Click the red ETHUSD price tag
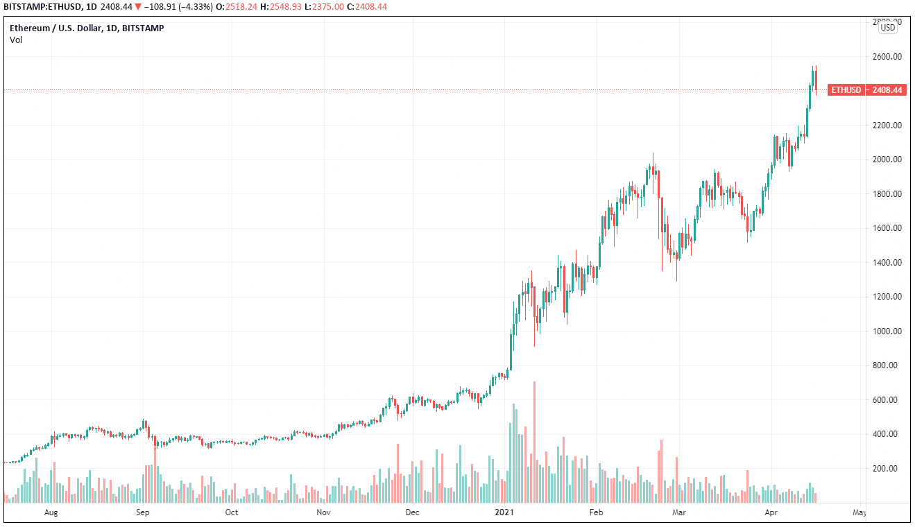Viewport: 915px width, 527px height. [x=866, y=90]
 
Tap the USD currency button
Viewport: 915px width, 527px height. [x=887, y=28]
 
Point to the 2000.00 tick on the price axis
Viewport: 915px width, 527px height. [x=887, y=159]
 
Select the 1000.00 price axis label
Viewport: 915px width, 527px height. [x=887, y=331]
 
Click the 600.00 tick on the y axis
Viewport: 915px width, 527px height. [x=887, y=400]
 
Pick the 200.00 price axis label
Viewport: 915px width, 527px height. [x=887, y=469]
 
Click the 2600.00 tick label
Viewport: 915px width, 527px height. [x=887, y=57]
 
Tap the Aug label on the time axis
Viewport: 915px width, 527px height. [x=50, y=513]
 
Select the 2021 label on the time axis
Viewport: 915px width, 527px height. [x=504, y=513]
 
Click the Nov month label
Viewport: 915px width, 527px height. [x=323, y=513]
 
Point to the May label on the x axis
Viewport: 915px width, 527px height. [x=859, y=513]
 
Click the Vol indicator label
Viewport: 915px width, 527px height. [x=16, y=40]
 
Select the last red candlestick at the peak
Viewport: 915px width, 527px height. [x=816, y=80]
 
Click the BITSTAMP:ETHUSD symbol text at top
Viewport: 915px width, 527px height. [x=42, y=7]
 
